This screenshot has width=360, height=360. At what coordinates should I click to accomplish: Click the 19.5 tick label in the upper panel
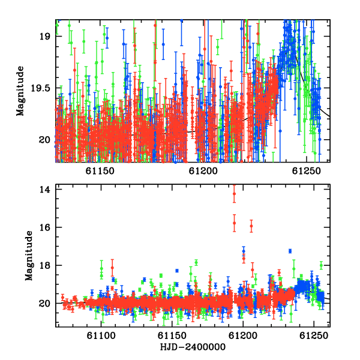[x=41, y=88]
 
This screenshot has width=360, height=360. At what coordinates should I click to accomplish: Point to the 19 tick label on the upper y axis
[x=44, y=37]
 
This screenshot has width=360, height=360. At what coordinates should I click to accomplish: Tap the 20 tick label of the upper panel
[x=44, y=140]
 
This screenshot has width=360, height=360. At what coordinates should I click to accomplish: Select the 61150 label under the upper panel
[x=100, y=171]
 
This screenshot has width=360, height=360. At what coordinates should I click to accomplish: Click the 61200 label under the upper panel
[x=203, y=171]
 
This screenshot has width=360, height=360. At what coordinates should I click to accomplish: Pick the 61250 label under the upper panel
[x=306, y=171]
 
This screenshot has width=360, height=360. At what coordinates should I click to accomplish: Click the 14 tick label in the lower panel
[x=44, y=190]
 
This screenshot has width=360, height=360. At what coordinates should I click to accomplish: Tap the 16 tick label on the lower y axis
[x=44, y=227]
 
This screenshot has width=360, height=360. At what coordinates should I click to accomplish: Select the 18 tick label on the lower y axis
[x=44, y=265]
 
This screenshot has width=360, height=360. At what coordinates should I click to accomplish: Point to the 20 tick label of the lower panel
[x=44, y=303]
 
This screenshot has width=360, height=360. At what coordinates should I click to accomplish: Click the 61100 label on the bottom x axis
[x=101, y=336]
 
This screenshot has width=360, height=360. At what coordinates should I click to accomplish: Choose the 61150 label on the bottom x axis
[x=172, y=336]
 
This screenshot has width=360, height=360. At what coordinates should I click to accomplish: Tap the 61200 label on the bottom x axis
[x=243, y=336]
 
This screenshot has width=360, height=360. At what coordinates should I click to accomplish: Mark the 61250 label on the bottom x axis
[x=314, y=336]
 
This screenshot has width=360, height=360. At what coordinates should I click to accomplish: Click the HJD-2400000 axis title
[x=193, y=347]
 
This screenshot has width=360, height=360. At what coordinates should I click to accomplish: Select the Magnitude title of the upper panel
[x=20, y=91]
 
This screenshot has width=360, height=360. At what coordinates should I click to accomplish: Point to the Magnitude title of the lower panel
[x=29, y=256]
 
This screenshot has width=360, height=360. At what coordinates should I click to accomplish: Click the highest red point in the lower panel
[x=234, y=194]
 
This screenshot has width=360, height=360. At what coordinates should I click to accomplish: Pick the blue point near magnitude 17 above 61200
[x=244, y=251]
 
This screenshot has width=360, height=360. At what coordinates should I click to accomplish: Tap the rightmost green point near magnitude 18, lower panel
[x=321, y=265]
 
